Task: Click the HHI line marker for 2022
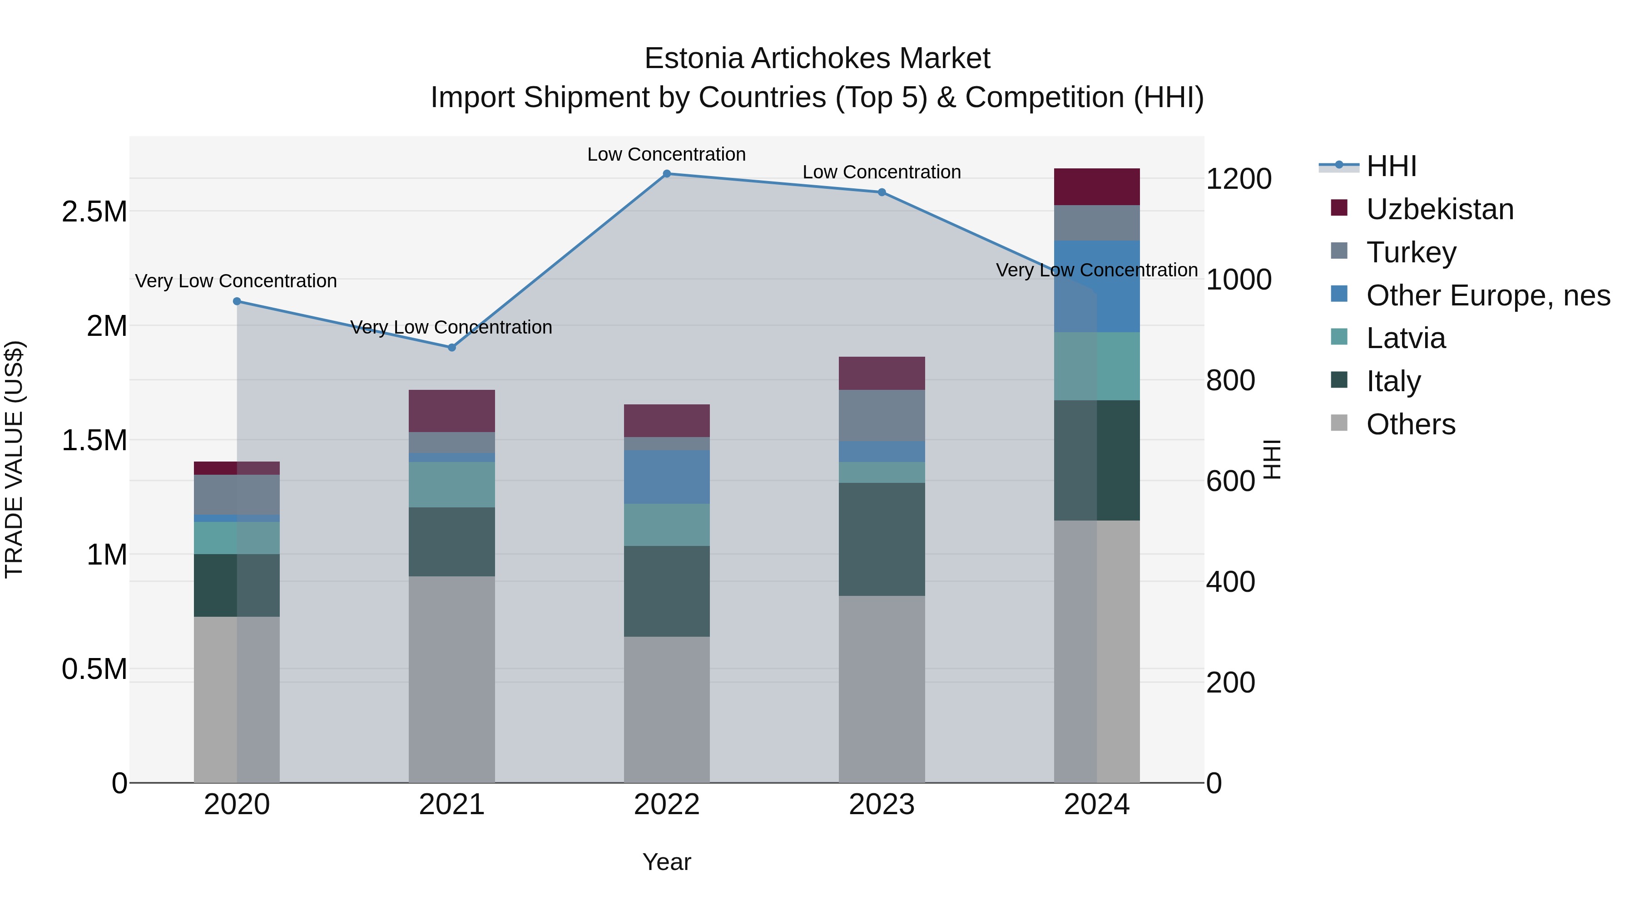pyautogui.click(x=666, y=174)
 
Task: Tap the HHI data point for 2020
pyautogui.click(x=237, y=301)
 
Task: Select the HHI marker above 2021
pyautogui.click(x=451, y=348)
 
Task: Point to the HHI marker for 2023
pyautogui.click(x=882, y=192)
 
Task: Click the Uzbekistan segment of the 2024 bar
pyautogui.click(x=1096, y=187)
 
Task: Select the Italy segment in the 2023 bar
pyautogui.click(x=882, y=539)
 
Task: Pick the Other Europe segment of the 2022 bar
pyautogui.click(x=666, y=477)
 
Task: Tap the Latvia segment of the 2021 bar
pyautogui.click(x=451, y=485)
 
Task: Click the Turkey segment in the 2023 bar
pyautogui.click(x=882, y=415)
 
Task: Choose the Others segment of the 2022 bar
pyautogui.click(x=666, y=709)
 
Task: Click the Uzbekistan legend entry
pyautogui.click(x=1440, y=209)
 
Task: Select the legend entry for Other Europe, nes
pyautogui.click(x=1488, y=295)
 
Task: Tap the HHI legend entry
pyautogui.click(x=1391, y=166)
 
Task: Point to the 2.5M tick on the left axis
pyautogui.click(x=94, y=212)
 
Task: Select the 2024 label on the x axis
pyautogui.click(x=1096, y=805)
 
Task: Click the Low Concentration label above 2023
pyautogui.click(x=882, y=172)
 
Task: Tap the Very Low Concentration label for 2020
pyautogui.click(x=236, y=281)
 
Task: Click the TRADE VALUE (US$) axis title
pyautogui.click(x=14, y=459)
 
